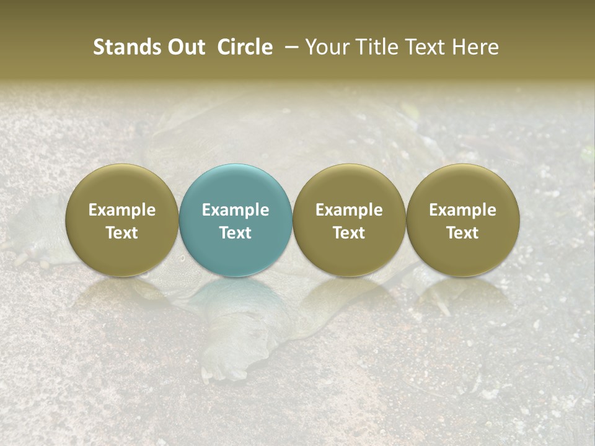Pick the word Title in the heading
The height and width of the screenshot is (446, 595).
tap(372, 47)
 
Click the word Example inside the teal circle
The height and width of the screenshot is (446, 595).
tap(236, 210)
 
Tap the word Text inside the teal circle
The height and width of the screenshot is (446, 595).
tap(236, 233)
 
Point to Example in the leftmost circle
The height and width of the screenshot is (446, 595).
tap(122, 210)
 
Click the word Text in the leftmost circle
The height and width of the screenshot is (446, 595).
tap(122, 233)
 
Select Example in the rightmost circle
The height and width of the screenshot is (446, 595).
tap(463, 210)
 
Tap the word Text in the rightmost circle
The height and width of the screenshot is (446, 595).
tap(463, 233)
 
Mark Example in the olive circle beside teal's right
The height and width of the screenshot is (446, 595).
tap(349, 210)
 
